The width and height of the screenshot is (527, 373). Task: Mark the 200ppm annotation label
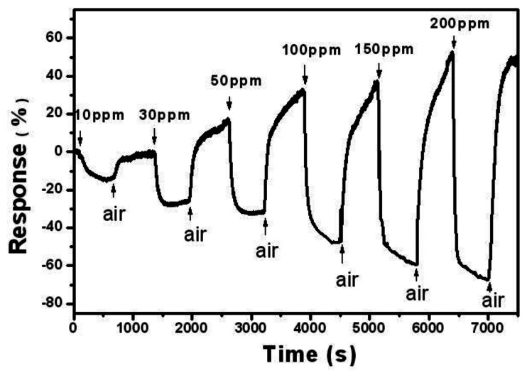(x=460, y=23)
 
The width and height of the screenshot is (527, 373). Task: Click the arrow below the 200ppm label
(x=454, y=44)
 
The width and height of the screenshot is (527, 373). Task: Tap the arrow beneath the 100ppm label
(x=305, y=73)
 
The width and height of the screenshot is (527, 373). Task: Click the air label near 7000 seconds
(x=494, y=301)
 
